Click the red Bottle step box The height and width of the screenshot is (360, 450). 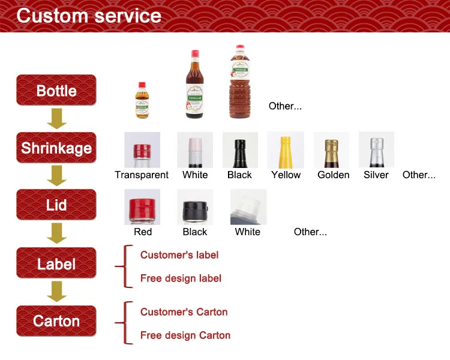pyautogui.click(x=56, y=91)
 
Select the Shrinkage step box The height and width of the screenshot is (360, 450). pyautogui.click(x=56, y=148)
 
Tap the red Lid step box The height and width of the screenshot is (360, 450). pyautogui.click(x=56, y=205)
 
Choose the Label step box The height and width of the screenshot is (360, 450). pyautogui.click(x=56, y=263)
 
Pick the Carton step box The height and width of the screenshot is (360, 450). pyautogui.click(x=56, y=321)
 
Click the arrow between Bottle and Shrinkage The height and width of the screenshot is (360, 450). pyautogui.click(x=57, y=119)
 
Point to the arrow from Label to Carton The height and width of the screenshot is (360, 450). pyautogui.click(x=57, y=292)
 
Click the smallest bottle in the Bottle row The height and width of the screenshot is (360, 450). pyautogui.click(x=142, y=100)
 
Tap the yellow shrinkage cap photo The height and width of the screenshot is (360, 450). pyautogui.click(x=286, y=150)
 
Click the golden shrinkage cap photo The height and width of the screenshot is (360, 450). pyautogui.click(x=332, y=150)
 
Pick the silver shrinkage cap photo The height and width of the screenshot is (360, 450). pyautogui.click(x=376, y=150)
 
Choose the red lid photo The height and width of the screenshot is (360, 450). pyautogui.click(x=142, y=207)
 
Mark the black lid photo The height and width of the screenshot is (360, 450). pyautogui.click(x=195, y=207)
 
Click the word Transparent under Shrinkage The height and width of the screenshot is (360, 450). pyautogui.click(x=142, y=175)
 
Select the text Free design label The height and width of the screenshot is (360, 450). pyautogui.click(x=181, y=278)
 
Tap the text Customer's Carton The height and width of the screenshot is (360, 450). pyautogui.click(x=184, y=312)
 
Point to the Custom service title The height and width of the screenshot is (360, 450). pyautogui.click(x=89, y=16)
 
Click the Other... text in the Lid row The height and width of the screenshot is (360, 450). pyautogui.click(x=310, y=232)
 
